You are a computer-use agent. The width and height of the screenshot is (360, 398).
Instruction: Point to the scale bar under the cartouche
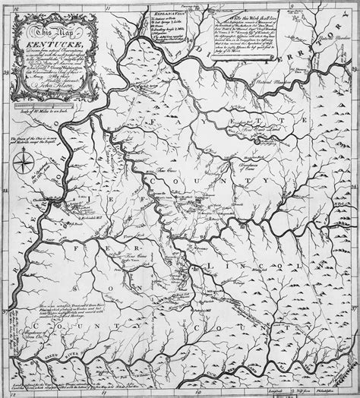tap(50, 106)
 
